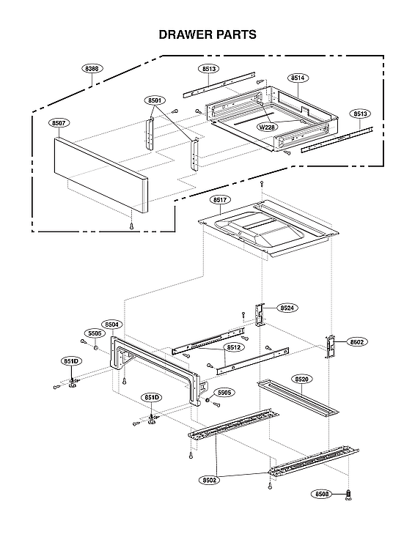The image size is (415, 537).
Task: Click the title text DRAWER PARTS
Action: coord(207,34)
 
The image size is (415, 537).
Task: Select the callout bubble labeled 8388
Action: coord(92,67)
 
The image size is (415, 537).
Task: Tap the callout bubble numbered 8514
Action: coord(298,77)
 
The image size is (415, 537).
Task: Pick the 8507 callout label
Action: coord(60,123)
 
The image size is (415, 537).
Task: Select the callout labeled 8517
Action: coord(219,199)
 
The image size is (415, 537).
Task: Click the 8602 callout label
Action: coord(357,341)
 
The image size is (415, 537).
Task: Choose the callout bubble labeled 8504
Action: coord(112,324)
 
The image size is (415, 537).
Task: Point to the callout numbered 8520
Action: coord(302,379)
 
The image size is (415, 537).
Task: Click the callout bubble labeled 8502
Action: coord(210,481)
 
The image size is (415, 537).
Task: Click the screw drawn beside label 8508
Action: coord(348,495)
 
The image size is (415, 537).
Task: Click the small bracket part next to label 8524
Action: coord(259,313)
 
